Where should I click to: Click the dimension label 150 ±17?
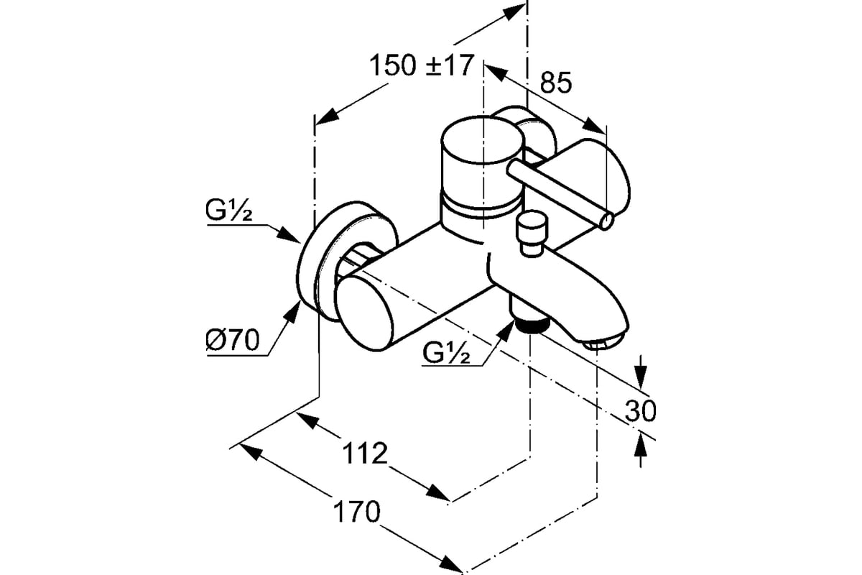coord(421,65)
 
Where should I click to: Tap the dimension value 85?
coord(556,83)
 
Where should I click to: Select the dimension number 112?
coord(365,454)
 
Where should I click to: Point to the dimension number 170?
coord(356,512)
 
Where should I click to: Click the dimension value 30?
coord(640,411)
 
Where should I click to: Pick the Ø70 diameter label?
coord(233,341)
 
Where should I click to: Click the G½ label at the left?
coord(229,211)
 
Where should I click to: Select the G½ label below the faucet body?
coord(446,352)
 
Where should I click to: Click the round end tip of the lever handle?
coord(606,222)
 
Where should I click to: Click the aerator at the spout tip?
coord(603,342)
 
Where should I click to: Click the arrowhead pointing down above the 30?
coord(640,377)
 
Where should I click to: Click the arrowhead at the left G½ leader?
coord(289,236)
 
